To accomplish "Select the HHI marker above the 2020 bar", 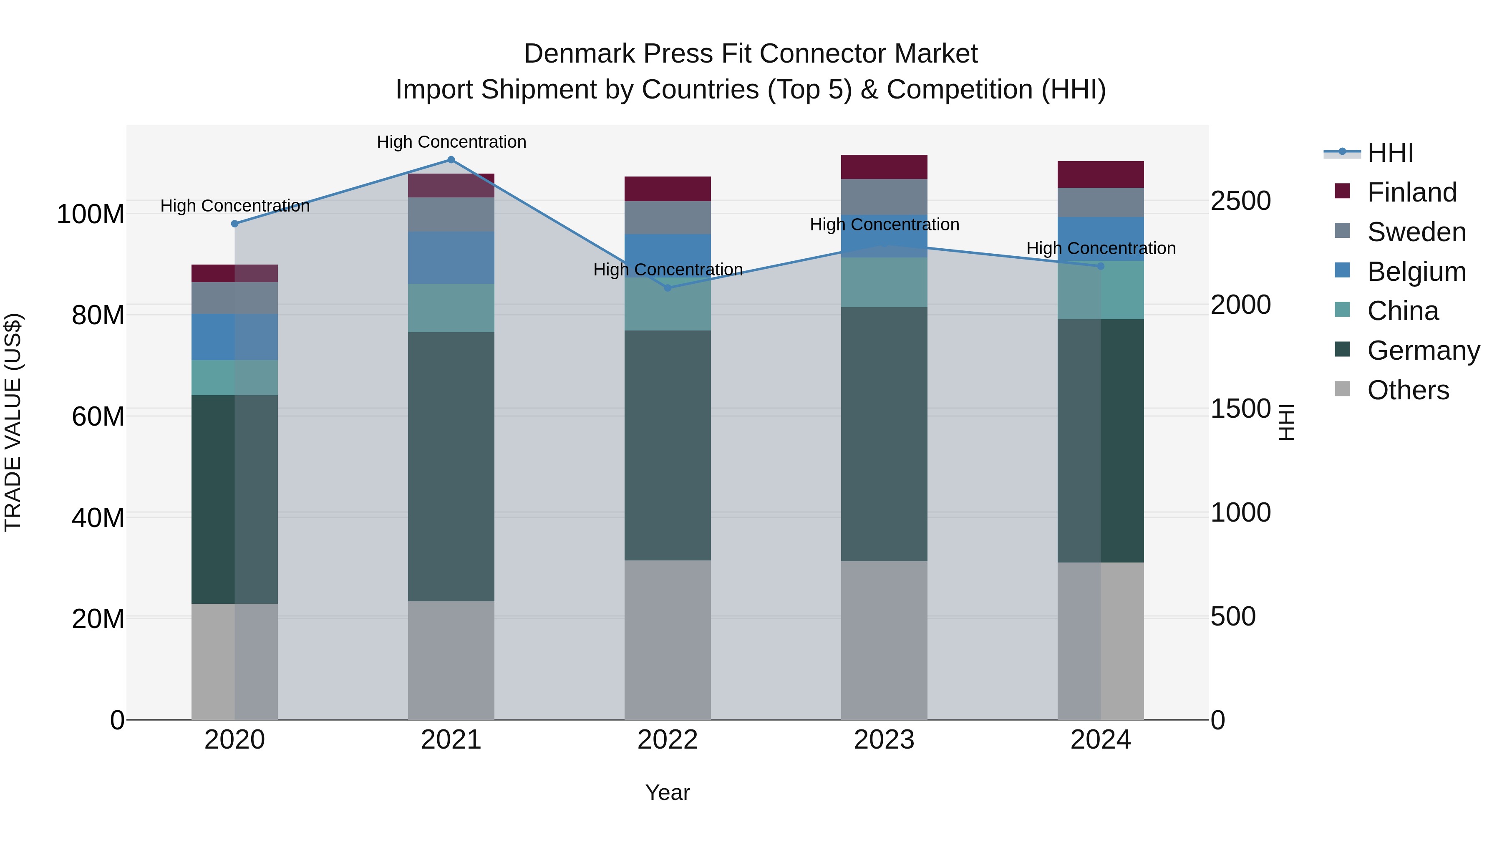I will (x=234, y=223).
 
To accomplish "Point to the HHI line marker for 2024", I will (x=1101, y=266).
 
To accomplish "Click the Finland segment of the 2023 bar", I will (x=884, y=167).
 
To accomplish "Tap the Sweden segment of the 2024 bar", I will (x=1101, y=202).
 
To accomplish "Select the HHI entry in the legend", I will (x=1390, y=153).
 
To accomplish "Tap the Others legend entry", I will (x=1408, y=390).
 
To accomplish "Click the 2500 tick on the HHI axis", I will (x=1240, y=201).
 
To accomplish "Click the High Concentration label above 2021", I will (x=451, y=142).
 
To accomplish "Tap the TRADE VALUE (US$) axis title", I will (x=13, y=422).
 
